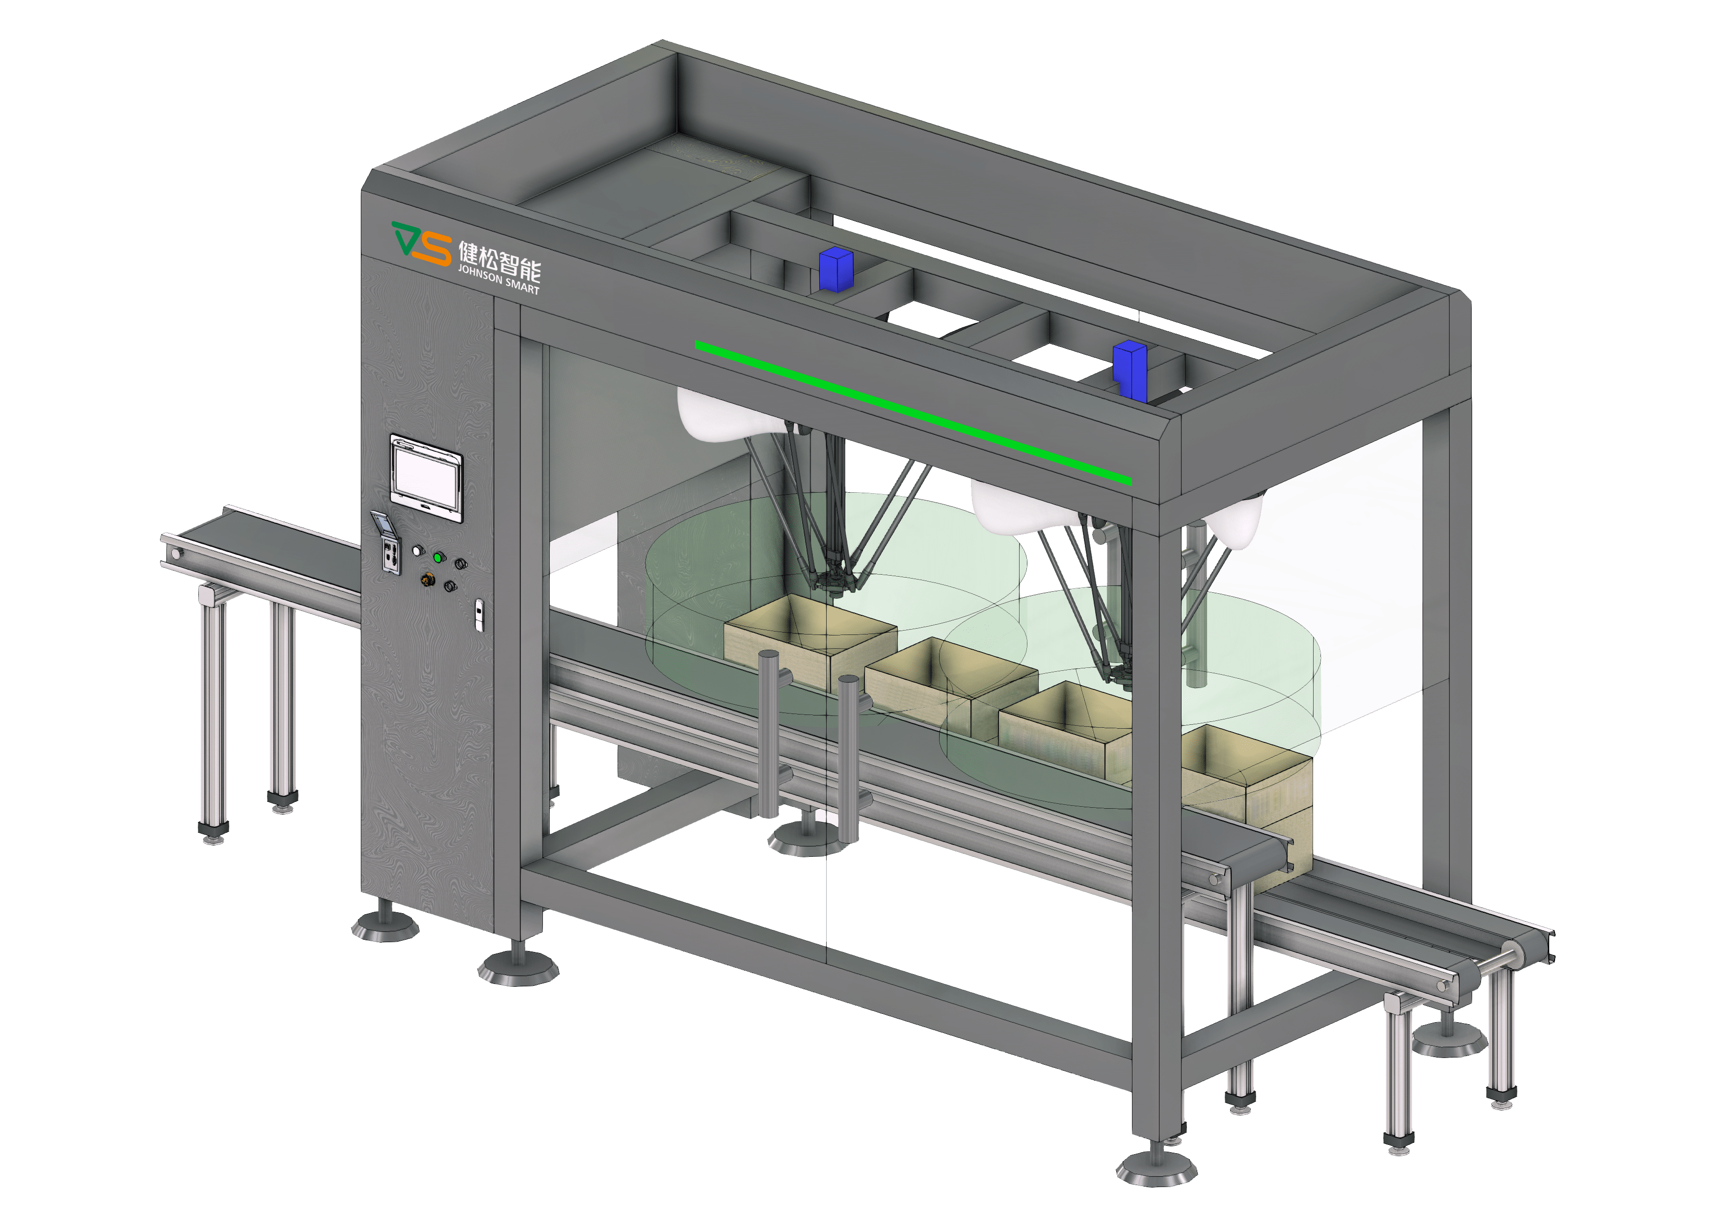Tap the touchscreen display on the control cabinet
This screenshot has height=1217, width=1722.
point(426,478)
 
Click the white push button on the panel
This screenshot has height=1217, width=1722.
point(417,551)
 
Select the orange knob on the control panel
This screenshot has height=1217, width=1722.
point(428,580)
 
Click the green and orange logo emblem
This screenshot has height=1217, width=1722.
point(422,242)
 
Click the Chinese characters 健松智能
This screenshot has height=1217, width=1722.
point(500,260)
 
